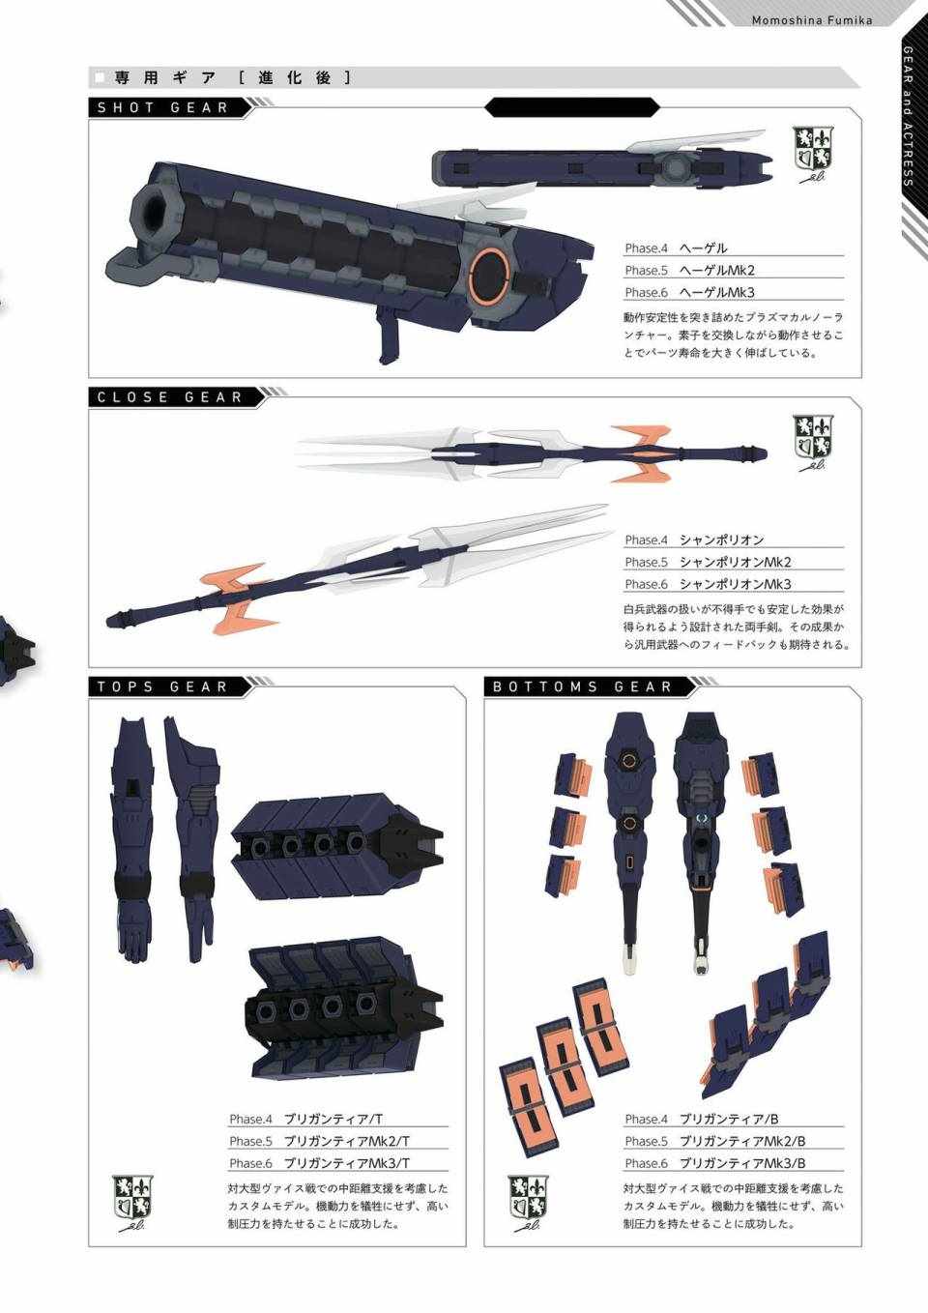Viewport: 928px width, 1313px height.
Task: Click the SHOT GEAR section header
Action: pyautogui.click(x=162, y=108)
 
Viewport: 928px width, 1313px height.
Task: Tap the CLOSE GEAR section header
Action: pyautogui.click(x=170, y=397)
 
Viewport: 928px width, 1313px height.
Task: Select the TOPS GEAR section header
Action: pyautogui.click(x=162, y=687)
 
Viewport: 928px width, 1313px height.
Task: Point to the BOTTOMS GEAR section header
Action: pyautogui.click(x=582, y=687)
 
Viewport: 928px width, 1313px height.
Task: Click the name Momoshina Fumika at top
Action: pyautogui.click(x=812, y=20)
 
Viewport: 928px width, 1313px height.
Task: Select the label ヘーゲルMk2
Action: pyautogui.click(x=716, y=270)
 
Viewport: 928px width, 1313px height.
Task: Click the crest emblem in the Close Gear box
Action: pyautogui.click(x=814, y=444)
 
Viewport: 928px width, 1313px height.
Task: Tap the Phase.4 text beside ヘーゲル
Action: pyautogui.click(x=646, y=248)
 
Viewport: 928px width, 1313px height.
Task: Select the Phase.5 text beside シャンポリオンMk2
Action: pyautogui.click(x=646, y=562)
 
